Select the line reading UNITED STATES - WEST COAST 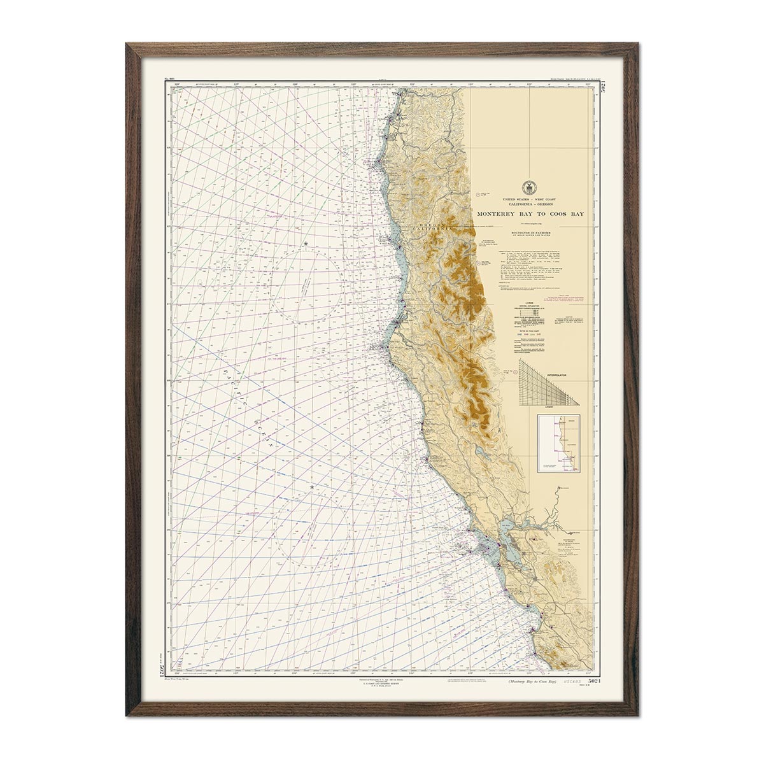tap(528, 200)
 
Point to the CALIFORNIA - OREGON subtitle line tap(528, 205)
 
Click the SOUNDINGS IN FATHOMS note tap(528, 233)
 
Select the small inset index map tap(559, 443)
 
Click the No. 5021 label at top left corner tap(169, 80)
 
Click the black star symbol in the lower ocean tap(312, 487)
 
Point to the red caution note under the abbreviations tap(571, 299)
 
